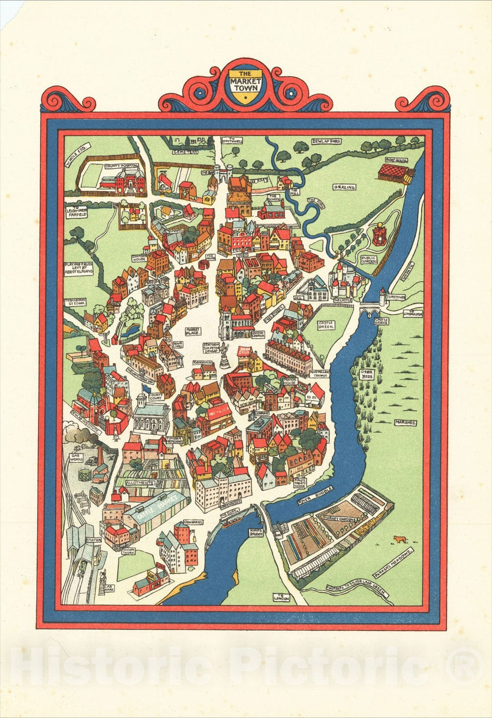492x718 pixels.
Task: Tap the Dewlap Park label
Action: click(x=326, y=142)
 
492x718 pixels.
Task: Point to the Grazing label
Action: click(x=344, y=187)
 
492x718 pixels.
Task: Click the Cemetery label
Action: click(x=185, y=152)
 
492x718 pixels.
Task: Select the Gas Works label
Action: click(x=76, y=458)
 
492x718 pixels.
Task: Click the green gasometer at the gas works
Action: click(x=84, y=475)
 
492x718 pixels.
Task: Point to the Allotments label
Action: click(x=140, y=482)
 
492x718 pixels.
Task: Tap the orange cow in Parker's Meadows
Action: click(x=400, y=540)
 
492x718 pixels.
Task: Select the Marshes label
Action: click(x=405, y=423)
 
